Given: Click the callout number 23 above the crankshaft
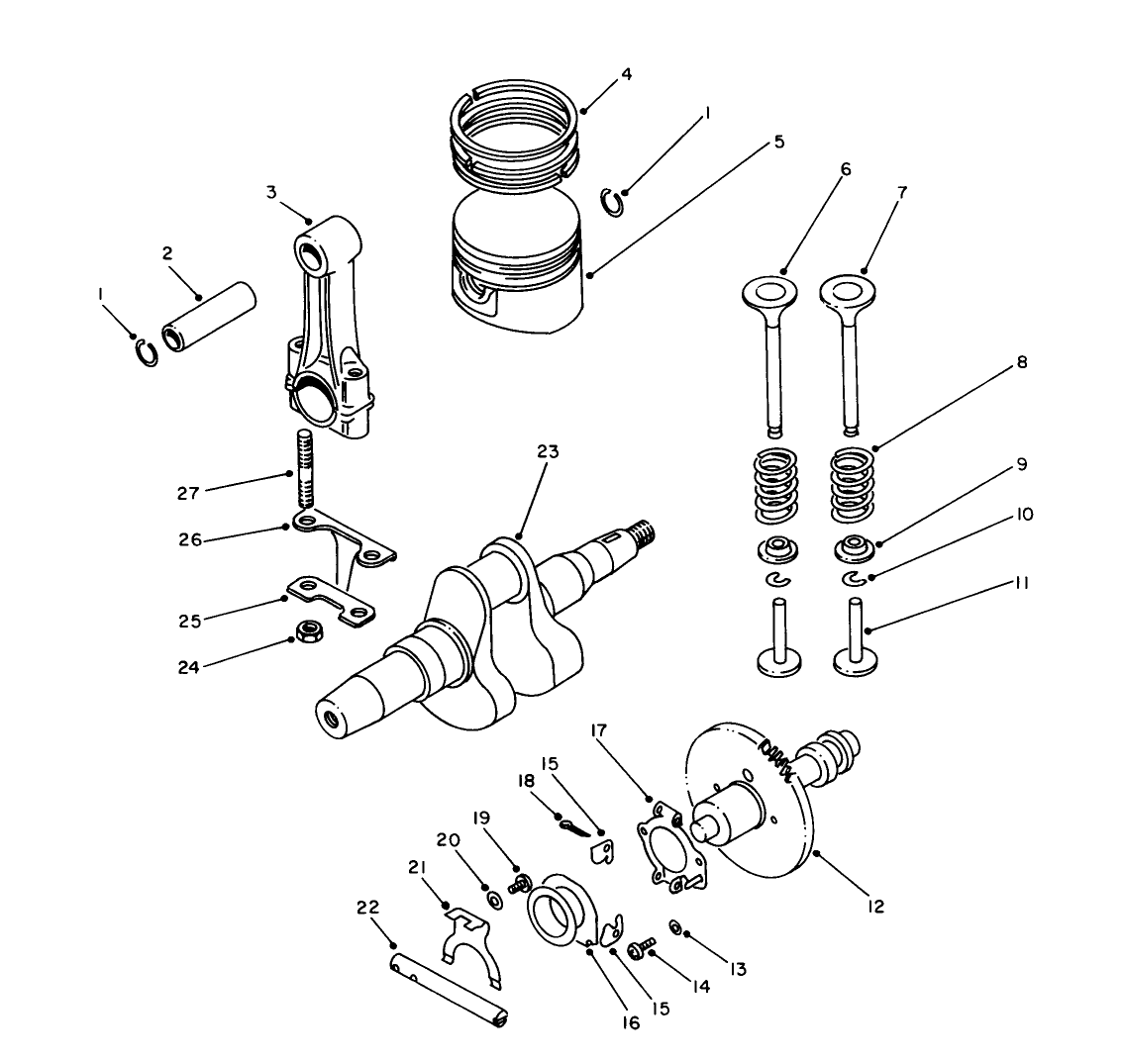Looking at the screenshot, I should pos(548,451).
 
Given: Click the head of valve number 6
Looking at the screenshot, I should pos(769,293).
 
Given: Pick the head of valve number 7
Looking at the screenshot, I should pos(850,292).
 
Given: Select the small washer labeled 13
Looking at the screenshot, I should pos(674,927).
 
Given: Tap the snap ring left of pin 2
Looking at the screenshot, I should pos(146,352).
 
